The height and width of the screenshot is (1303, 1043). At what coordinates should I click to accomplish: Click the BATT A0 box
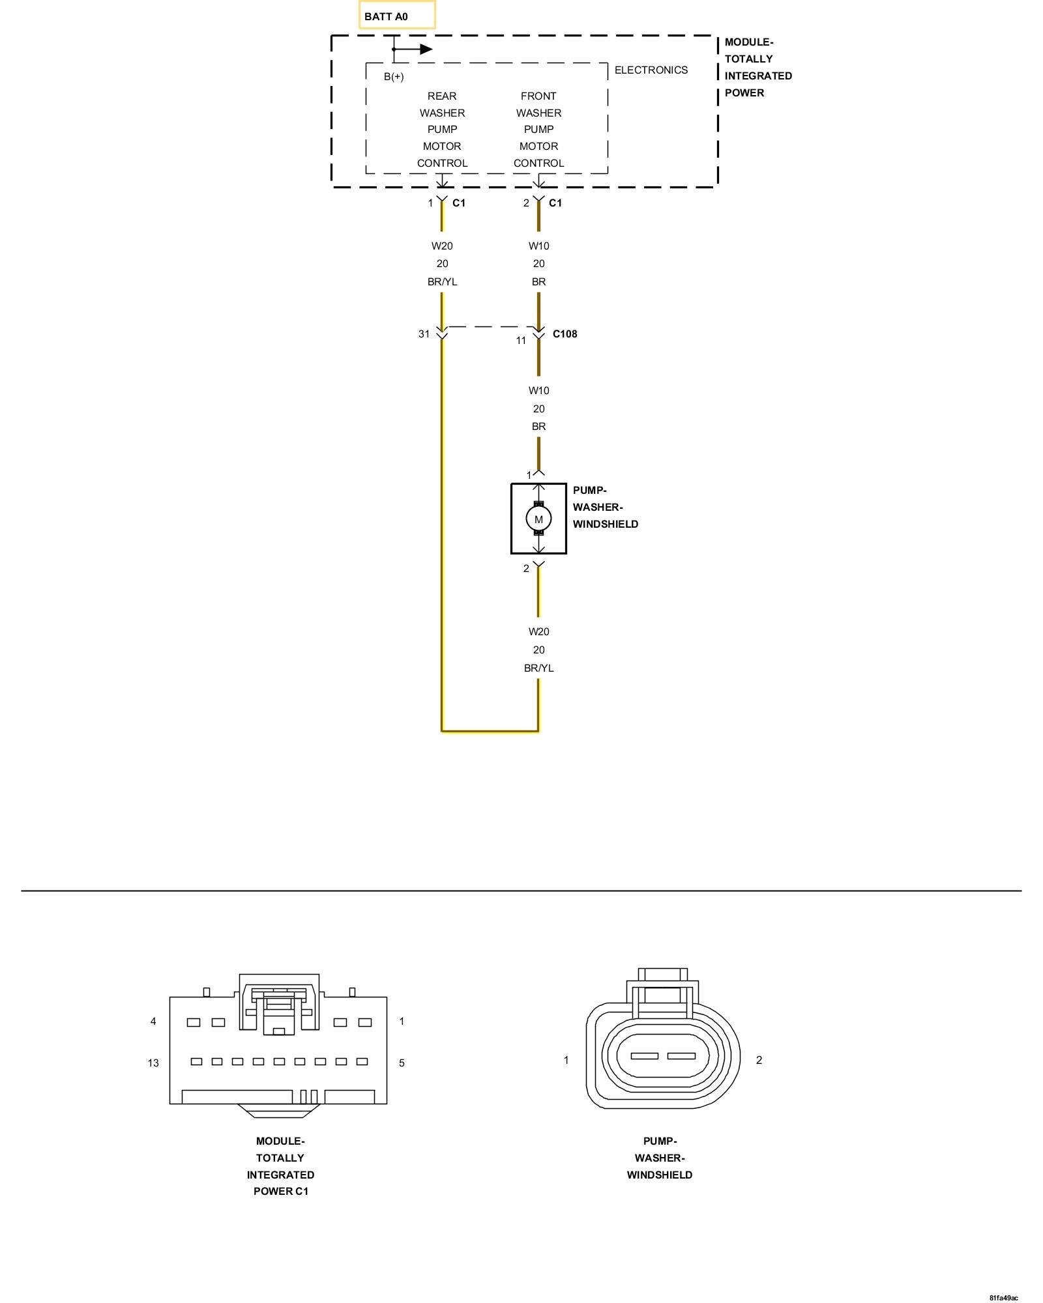coord(396,16)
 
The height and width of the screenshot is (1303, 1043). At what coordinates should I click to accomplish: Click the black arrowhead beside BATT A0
coord(426,49)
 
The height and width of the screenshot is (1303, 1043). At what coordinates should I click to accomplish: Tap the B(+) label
coord(394,77)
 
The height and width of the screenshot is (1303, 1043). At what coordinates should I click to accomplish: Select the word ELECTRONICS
coord(651,70)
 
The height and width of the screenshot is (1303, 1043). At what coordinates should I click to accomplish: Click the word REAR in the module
coord(442,96)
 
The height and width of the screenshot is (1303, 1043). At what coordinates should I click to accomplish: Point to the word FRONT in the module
coord(538,96)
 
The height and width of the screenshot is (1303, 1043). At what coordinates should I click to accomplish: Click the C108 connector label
coord(565,334)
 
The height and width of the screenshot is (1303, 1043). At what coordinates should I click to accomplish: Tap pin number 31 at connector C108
coord(424,334)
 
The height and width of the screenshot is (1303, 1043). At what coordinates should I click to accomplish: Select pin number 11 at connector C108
coord(521,340)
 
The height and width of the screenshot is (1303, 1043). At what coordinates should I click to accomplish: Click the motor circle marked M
coord(538,519)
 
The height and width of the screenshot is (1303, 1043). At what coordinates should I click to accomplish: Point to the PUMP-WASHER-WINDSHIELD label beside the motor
coord(605,507)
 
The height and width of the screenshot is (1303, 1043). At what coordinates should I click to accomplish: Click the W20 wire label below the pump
coord(538,631)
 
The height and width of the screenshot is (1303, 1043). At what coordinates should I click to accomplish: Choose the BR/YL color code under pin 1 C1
coord(442,281)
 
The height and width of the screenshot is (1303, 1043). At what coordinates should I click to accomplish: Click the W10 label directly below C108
coord(538,391)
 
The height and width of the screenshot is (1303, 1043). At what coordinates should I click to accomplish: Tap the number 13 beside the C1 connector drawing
coord(153,1063)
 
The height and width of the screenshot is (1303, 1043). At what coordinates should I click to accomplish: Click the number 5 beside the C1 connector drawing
coord(402,1063)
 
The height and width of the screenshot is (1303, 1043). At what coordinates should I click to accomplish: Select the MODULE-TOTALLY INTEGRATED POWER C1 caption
coord(280,1166)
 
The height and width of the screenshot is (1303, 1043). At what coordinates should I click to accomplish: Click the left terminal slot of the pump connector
coord(644,1056)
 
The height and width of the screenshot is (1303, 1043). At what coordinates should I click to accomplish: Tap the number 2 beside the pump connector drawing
coord(759,1060)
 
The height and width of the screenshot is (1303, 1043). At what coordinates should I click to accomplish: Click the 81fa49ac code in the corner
coord(1003,1298)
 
